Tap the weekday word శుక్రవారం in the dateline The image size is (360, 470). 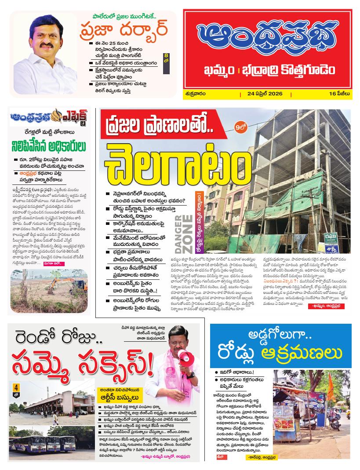pos(196,94)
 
